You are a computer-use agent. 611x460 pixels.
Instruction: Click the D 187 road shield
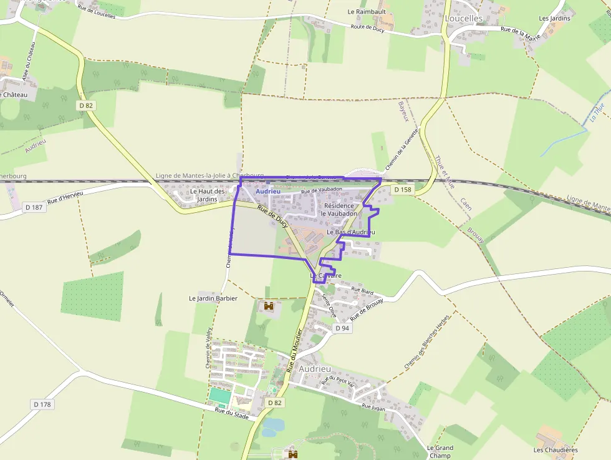[34, 207]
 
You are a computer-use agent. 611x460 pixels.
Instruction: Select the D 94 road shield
[342, 328]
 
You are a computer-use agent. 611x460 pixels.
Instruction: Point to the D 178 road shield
[42, 404]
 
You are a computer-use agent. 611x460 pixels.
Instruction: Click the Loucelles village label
[463, 19]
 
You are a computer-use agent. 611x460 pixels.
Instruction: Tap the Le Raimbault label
[367, 11]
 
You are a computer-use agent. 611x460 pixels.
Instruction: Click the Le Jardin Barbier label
[213, 298]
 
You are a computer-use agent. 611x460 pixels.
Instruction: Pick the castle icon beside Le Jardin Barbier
[269, 306]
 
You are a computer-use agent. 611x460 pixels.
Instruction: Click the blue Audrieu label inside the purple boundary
[268, 192]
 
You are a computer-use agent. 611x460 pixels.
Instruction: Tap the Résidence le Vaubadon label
[339, 210]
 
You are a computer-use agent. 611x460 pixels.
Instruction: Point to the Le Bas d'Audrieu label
[350, 232]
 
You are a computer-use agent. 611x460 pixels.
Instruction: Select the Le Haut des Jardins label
[207, 195]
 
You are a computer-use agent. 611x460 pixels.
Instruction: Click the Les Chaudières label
[556, 449]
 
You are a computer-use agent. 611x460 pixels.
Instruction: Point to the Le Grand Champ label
[440, 452]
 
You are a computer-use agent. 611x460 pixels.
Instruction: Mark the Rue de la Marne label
[521, 33]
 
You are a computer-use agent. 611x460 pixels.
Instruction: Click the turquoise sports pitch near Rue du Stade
[219, 396]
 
